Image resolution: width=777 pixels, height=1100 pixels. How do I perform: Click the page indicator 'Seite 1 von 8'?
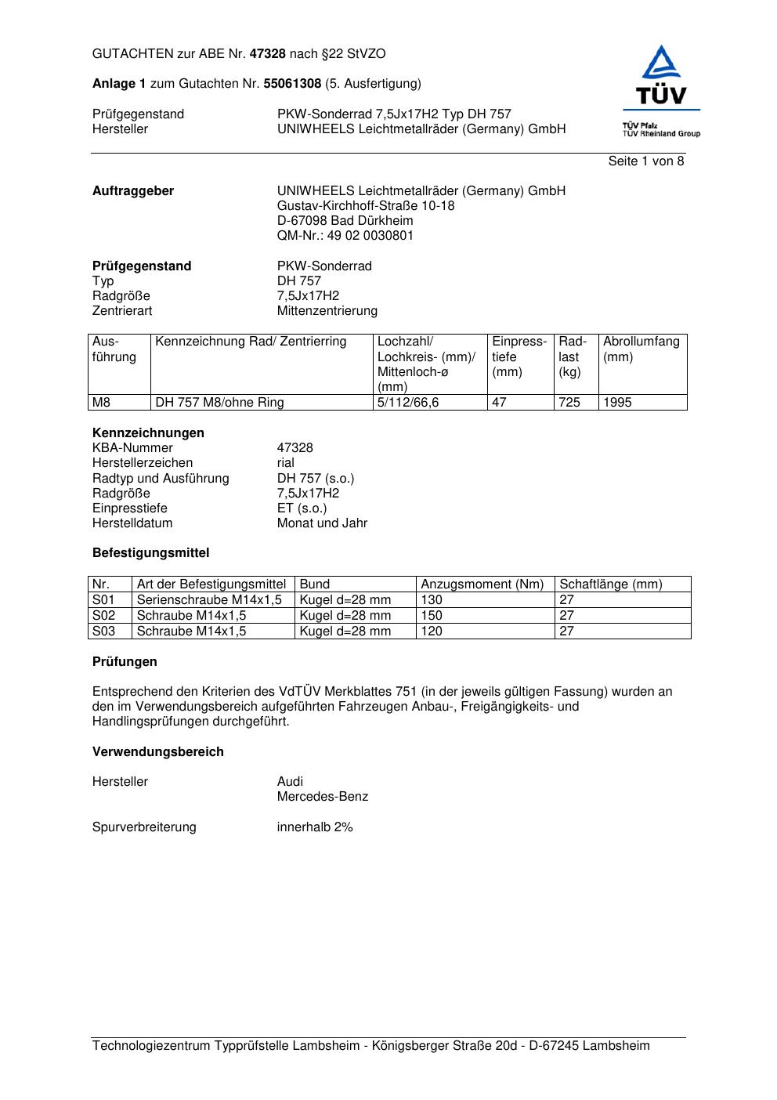coord(645,161)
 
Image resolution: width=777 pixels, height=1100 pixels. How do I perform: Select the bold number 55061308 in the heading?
coord(291,84)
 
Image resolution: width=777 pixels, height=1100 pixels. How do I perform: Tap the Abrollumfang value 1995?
coord(617,403)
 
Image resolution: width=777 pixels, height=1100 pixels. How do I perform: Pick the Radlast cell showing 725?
coord(569,403)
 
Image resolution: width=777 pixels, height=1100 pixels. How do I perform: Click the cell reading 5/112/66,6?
coord(408,403)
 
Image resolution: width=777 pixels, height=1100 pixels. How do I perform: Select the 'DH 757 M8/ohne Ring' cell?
coord(219,403)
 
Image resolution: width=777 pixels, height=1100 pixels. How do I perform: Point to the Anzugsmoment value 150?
coord(432,616)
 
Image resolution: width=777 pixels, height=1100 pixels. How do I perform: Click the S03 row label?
coord(103,631)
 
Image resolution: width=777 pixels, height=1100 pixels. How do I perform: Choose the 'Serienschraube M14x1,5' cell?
coord(209,600)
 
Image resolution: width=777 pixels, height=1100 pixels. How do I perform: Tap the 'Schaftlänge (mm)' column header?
coord(610,584)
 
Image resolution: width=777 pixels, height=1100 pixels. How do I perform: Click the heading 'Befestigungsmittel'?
coord(150,553)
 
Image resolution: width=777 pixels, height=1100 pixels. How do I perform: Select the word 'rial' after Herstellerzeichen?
coord(286,463)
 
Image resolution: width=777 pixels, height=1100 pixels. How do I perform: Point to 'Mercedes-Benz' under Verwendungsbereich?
coord(322,797)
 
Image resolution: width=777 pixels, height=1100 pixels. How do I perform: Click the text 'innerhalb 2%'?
coord(315,827)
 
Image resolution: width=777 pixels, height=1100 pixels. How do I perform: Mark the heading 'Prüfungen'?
coord(125,662)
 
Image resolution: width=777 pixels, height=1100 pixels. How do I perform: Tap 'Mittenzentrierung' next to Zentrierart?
coord(327,311)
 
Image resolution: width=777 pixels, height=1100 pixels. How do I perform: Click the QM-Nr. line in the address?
coord(345,236)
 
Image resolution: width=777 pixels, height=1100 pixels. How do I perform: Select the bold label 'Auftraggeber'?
coord(133,191)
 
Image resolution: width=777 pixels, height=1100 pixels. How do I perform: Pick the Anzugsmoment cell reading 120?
coord(432,631)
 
